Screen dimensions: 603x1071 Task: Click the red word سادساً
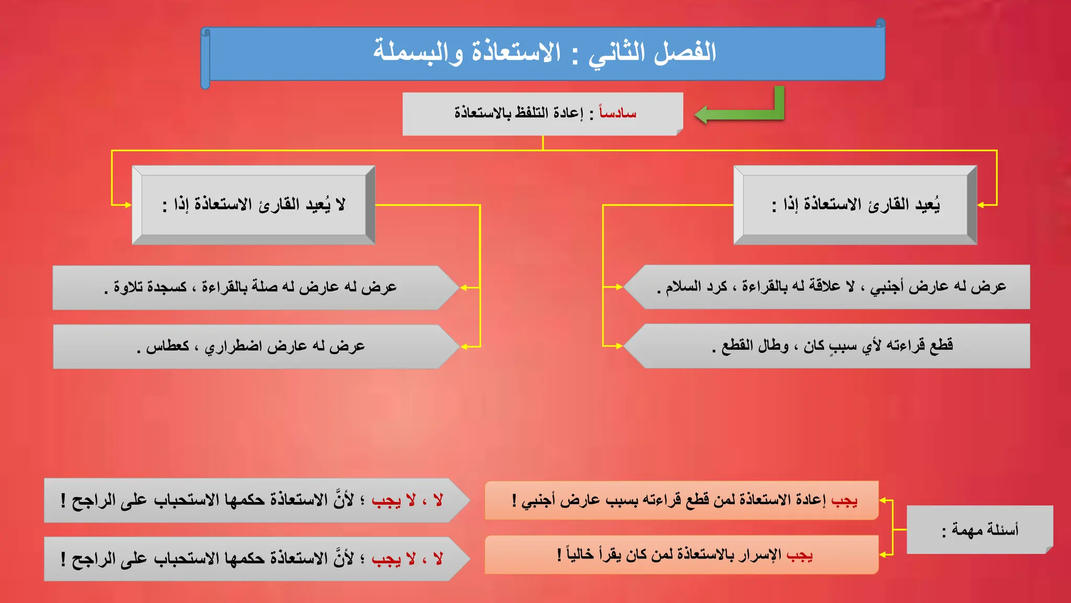[618, 113]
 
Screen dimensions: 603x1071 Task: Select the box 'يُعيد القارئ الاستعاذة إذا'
[856, 205]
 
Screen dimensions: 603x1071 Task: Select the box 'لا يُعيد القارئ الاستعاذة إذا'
[254, 205]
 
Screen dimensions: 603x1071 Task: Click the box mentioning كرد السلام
[831, 287]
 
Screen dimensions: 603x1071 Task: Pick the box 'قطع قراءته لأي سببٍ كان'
[831, 346]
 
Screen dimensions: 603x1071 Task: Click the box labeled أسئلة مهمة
[980, 530]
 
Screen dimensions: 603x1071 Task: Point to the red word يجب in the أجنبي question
[844, 500]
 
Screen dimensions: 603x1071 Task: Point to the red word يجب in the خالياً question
[799, 554]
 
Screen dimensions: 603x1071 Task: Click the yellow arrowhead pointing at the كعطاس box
[463, 347]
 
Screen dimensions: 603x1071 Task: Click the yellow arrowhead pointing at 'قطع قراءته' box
[619, 346]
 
